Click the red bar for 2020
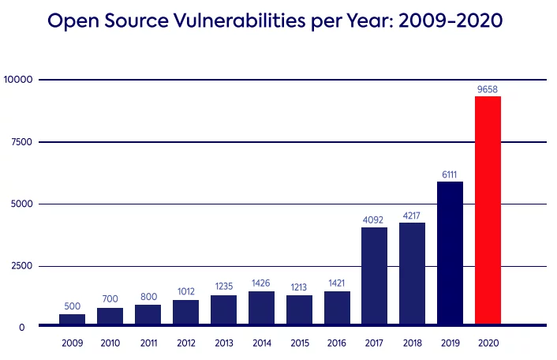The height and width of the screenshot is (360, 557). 488,210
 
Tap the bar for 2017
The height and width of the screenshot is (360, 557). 374,276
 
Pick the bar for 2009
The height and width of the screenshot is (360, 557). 72,319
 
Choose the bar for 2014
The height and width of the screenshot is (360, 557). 261,307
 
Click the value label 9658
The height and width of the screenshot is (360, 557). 488,89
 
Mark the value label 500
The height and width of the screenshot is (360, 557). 72,307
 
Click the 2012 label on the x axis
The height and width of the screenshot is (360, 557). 185,344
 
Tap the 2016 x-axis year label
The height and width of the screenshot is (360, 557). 337,344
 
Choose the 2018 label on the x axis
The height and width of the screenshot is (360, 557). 412,344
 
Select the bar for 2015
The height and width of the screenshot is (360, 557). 299,309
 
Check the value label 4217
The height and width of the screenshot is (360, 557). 412,216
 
